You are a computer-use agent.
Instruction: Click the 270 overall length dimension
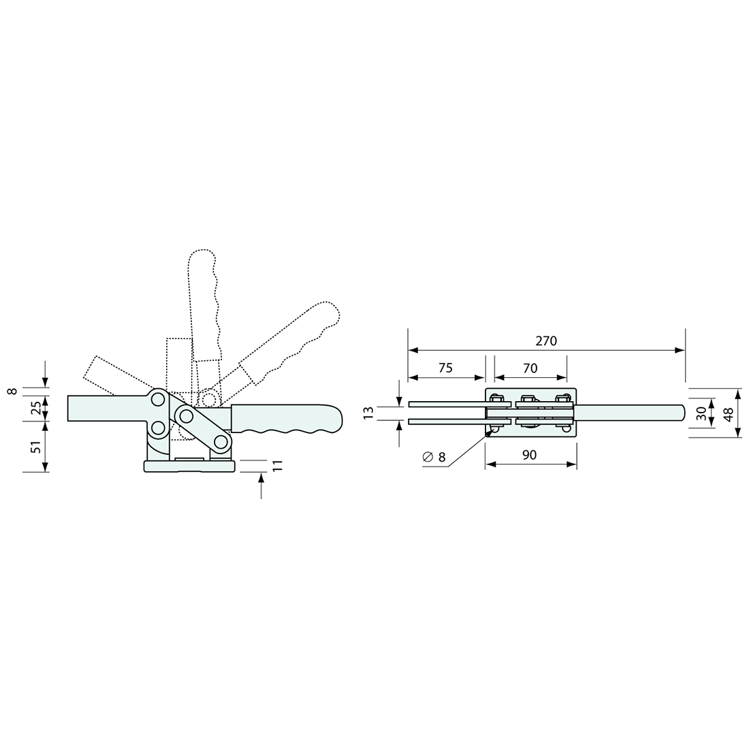point(546,341)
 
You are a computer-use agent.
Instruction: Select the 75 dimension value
point(445,368)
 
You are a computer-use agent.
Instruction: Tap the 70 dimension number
point(530,368)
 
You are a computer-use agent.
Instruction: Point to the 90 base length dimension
point(529,455)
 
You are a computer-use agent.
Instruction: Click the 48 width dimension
point(729,414)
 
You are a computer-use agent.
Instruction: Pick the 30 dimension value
point(701,414)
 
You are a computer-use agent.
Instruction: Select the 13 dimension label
point(369,413)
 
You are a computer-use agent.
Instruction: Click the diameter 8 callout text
point(434,457)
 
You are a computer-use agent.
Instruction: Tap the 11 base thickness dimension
point(278,466)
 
